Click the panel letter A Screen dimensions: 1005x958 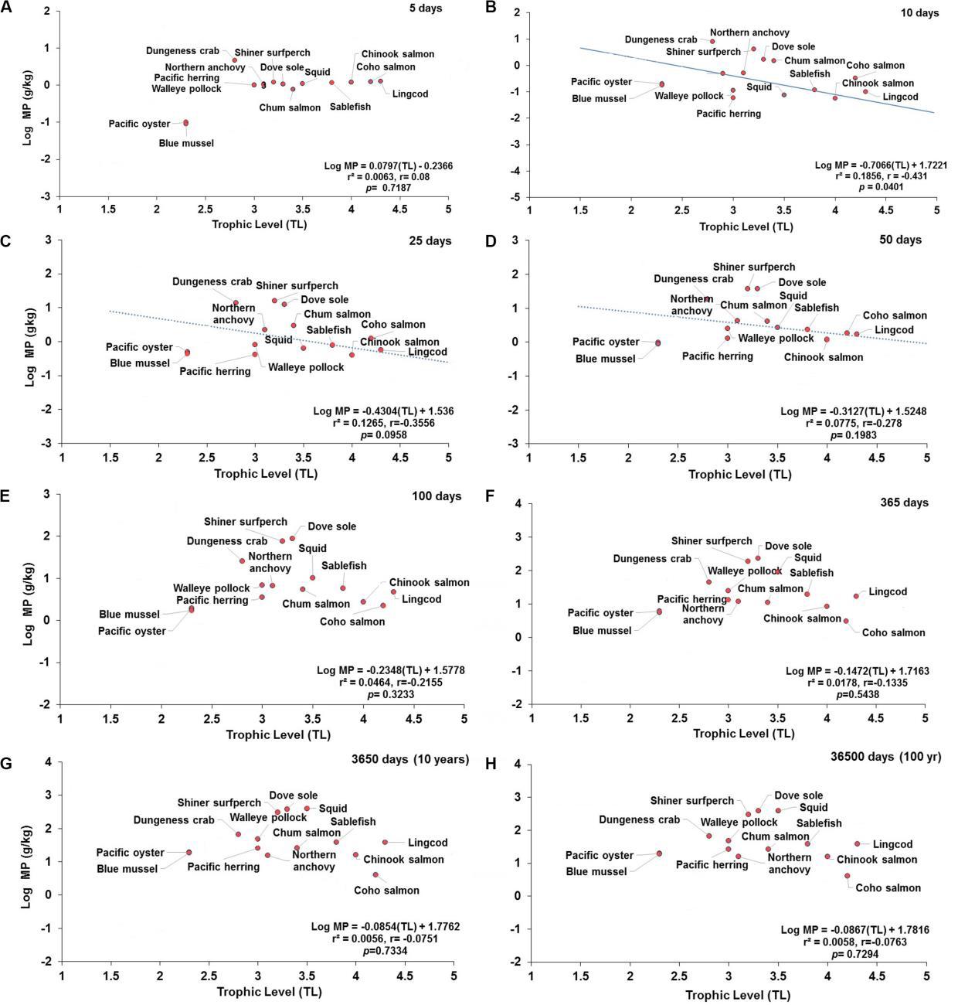[6, 7]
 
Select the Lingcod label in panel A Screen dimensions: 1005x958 [409, 94]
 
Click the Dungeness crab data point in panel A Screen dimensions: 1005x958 [235, 60]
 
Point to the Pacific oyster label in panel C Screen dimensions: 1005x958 [139, 347]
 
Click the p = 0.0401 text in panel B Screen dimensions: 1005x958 [897, 186]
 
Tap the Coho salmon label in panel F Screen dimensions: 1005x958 [893, 632]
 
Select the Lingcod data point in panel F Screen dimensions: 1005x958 [856, 596]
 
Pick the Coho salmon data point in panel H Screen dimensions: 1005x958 [848, 876]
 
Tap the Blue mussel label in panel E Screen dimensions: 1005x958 [129, 615]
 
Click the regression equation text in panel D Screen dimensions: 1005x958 [853, 411]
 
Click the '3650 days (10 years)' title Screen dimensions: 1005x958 [401, 758]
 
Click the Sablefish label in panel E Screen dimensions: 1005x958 [344, 566]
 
